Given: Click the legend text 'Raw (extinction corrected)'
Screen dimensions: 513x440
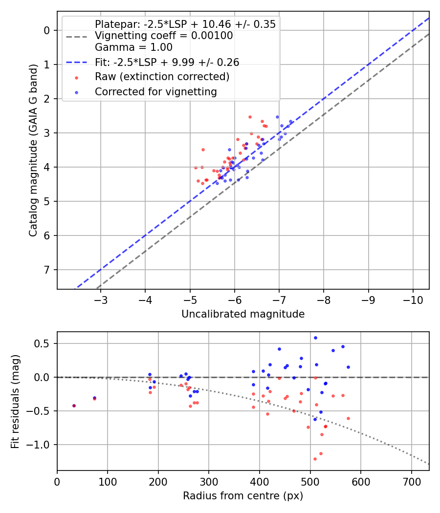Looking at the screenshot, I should [x=162, y=77].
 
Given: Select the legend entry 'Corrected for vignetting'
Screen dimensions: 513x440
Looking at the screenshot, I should [x=156, y=91].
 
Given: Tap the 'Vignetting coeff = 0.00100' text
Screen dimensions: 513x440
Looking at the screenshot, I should [x=164, y=36].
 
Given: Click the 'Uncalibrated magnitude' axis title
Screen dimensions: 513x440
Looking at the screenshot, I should [x=243, y=314].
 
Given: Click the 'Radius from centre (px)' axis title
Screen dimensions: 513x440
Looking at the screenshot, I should [x=243, y=496].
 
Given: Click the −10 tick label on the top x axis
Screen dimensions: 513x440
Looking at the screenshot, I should [x=413, y=299].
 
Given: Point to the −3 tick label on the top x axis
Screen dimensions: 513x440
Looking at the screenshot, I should [x=101, y=299].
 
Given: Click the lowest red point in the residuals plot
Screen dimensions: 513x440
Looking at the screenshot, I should [x=315, y=459].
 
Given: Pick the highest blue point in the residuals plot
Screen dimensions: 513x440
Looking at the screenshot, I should [x=315, y=338].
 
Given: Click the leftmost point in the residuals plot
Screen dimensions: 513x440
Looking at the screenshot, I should [x=74, y=406].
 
